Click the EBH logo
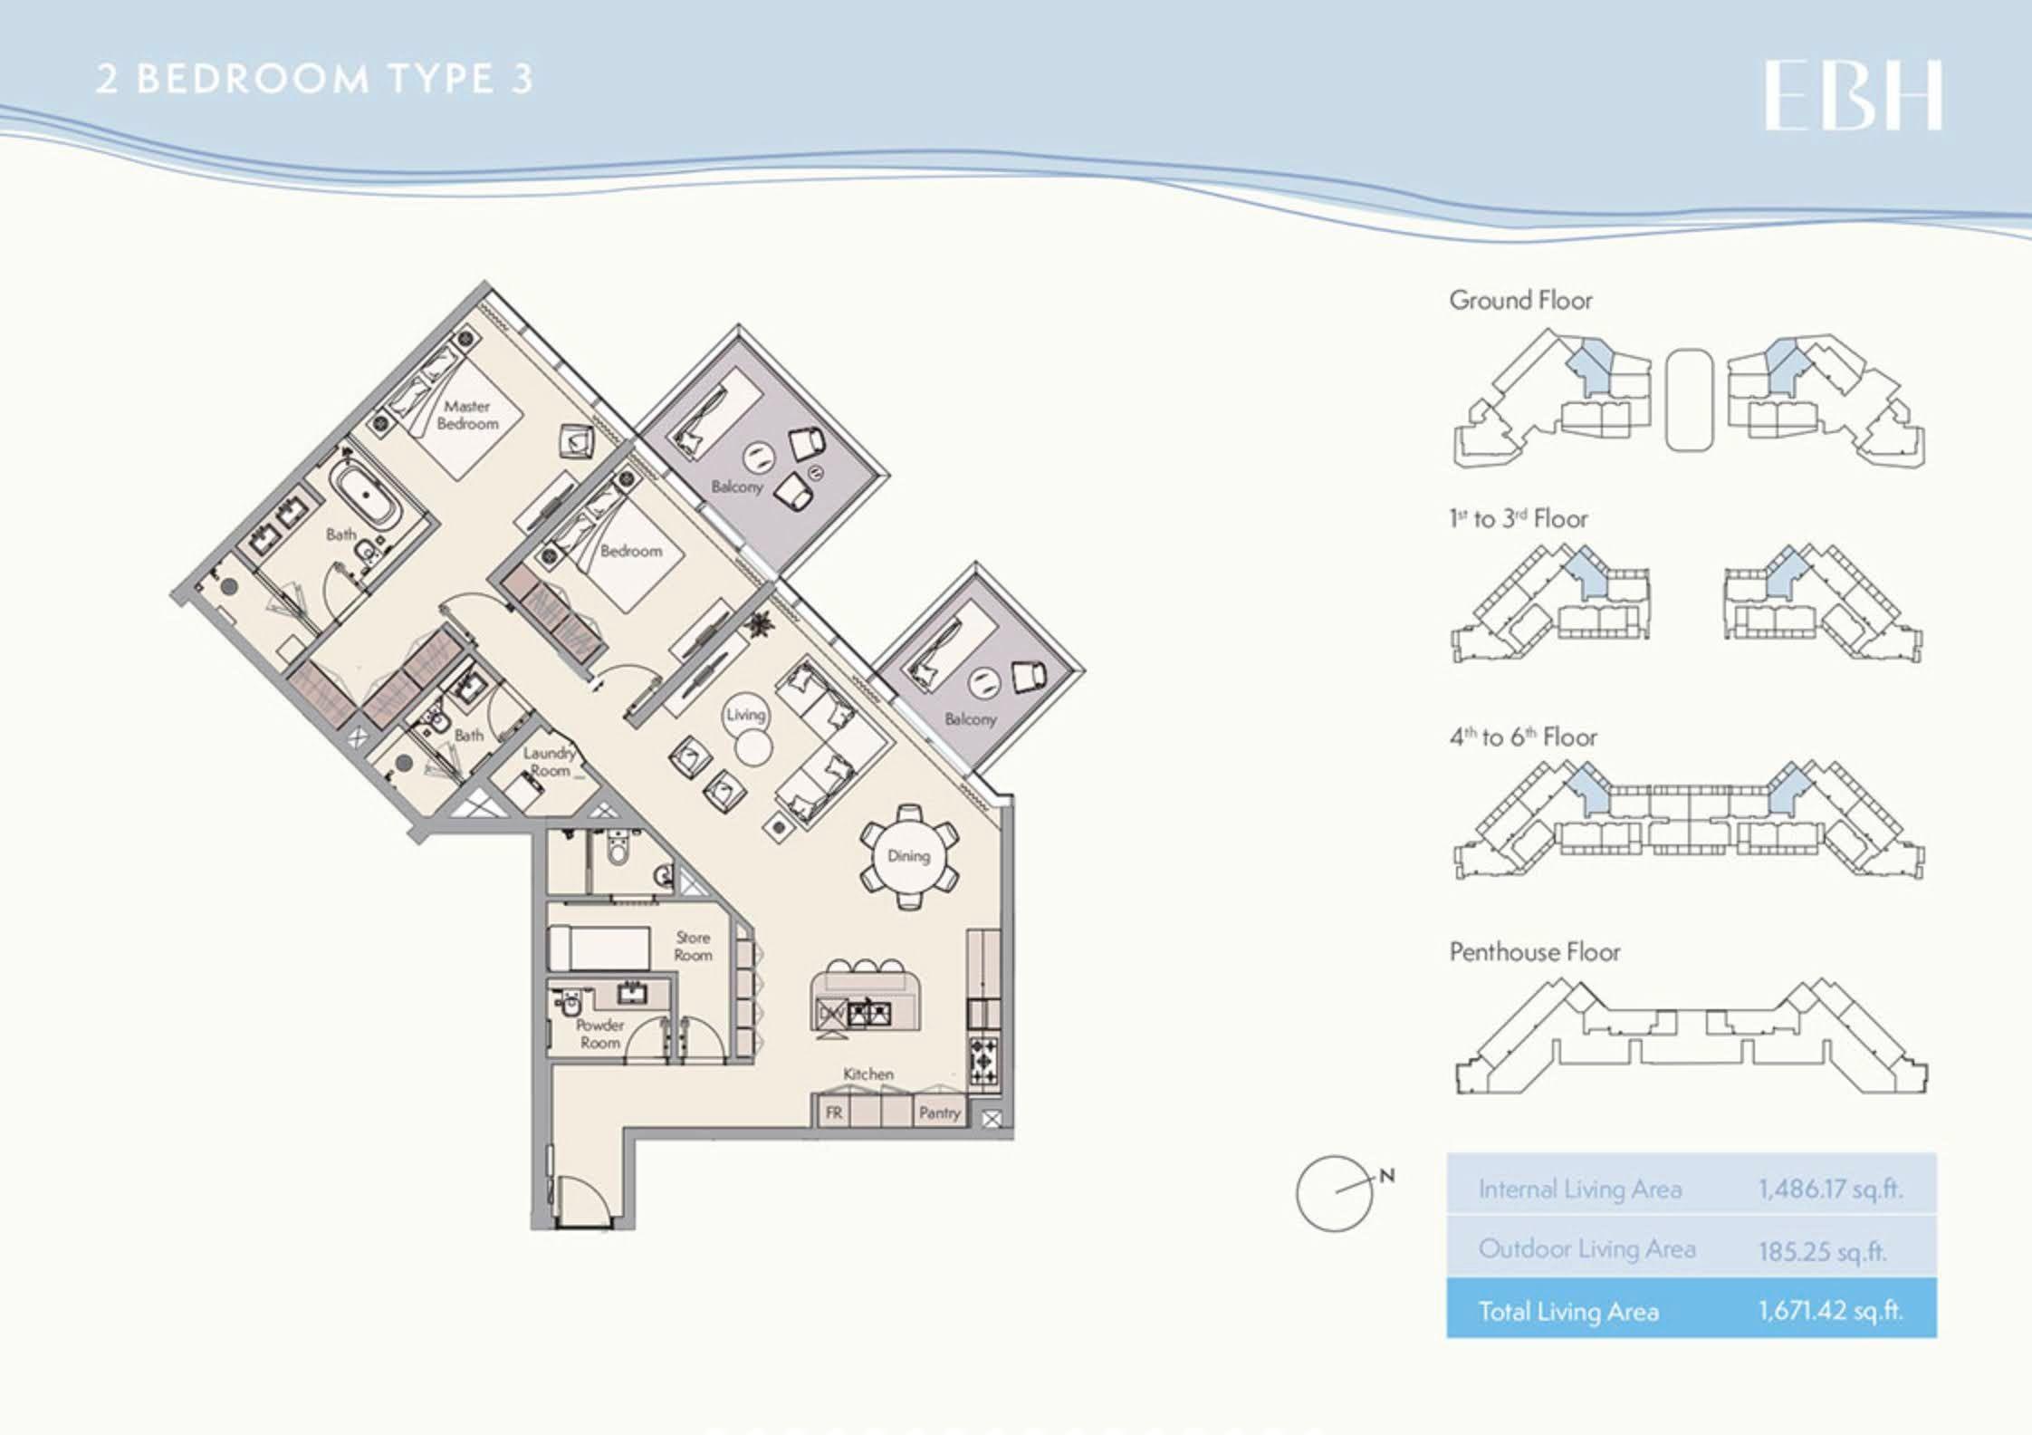pyautogui.click(x=1853, y=96)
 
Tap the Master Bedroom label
pyautogui.click(x=467, y=415)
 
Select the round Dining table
pyautogui.click(x=908, y=856)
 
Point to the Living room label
pyautogui.click(x=745, y=714)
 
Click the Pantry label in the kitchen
pyautogui.click(x=939, y=1112)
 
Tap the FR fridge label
pyautogui.click(x=833, y=1112)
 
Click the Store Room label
pyautogui.click(x=693, y=946)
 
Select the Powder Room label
pyautogui.click(x=599, y=1034)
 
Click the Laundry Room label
pyautogui.click(x=550, y=761)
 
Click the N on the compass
pyautogui.click(x=1386, y=1177)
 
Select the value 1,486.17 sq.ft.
pyautogui.click(x=1830, y=1189)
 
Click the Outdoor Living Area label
pyautogui.click(x=1586, y=1248)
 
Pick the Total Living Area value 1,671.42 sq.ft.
pyautogui.click(x=1830, y=1310)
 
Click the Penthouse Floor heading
pyautogui.click(x=1535, y=951)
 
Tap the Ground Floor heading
pyautogui.click(x=1520, y=300)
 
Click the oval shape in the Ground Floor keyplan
pyautogui.click(x=1690, y=400)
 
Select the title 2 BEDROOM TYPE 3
pyautogui.click(x=314, y=79)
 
